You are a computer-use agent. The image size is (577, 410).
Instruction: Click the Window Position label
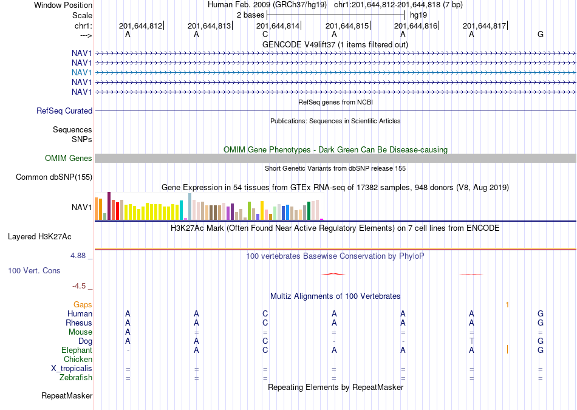click(63, 5)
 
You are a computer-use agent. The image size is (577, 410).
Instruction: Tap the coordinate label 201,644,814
click(278, 26)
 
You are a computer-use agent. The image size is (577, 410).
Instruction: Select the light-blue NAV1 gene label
click(82, 72)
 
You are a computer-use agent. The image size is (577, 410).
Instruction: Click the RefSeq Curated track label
click(64, 111)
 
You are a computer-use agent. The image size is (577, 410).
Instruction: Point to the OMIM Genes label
click(69, 159)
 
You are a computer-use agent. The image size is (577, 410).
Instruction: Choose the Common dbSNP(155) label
click(54, 177)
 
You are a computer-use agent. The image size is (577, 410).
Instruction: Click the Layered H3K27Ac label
click(39, 237)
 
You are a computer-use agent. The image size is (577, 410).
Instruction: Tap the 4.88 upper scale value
click(78, 256)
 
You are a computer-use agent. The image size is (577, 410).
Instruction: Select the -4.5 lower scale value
click(79, 286)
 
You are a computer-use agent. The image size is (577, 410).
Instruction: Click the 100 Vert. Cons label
click(34, 270)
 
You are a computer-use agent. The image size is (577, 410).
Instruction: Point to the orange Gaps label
click(83, 305)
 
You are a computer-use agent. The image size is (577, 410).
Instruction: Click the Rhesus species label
click(79, 323)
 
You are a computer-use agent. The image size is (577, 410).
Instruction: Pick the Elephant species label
click(77, 350)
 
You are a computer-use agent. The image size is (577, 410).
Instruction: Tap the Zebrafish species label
click(76, 377)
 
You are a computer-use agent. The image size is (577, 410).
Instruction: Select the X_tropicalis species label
click(72, 369)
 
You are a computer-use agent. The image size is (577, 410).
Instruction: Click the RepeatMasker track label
click(67, 395)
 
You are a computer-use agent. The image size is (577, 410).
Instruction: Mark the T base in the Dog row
click(471, 341)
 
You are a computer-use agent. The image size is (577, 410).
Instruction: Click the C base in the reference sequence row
click(265, 35)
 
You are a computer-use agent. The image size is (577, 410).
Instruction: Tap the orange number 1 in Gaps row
click(507, 305)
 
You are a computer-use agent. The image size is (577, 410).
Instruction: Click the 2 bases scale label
click(250, 15)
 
